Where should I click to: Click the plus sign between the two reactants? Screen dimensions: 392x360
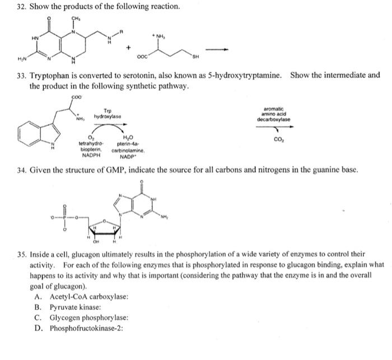pyautogui.click(x=129, y=48)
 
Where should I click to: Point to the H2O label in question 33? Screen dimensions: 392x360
pyautogui.click(x=127, y=137)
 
